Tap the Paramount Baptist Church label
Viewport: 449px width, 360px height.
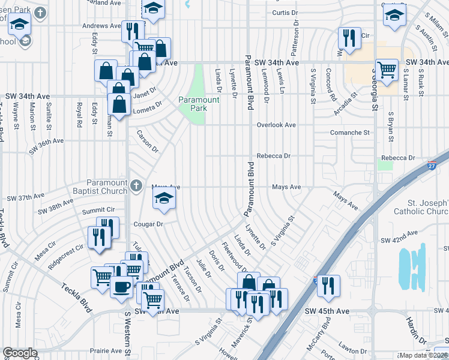tap(107, 187)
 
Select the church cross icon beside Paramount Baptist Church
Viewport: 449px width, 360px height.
tap(137, 185)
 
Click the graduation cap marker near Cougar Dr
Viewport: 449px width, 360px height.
tap(163, 198)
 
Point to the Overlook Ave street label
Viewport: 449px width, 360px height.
tap(276, 125)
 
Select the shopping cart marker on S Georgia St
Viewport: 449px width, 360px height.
tap(387, 69)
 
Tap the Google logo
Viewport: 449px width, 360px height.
tap(20, 353)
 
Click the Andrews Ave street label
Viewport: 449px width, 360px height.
tap(101, 26)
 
